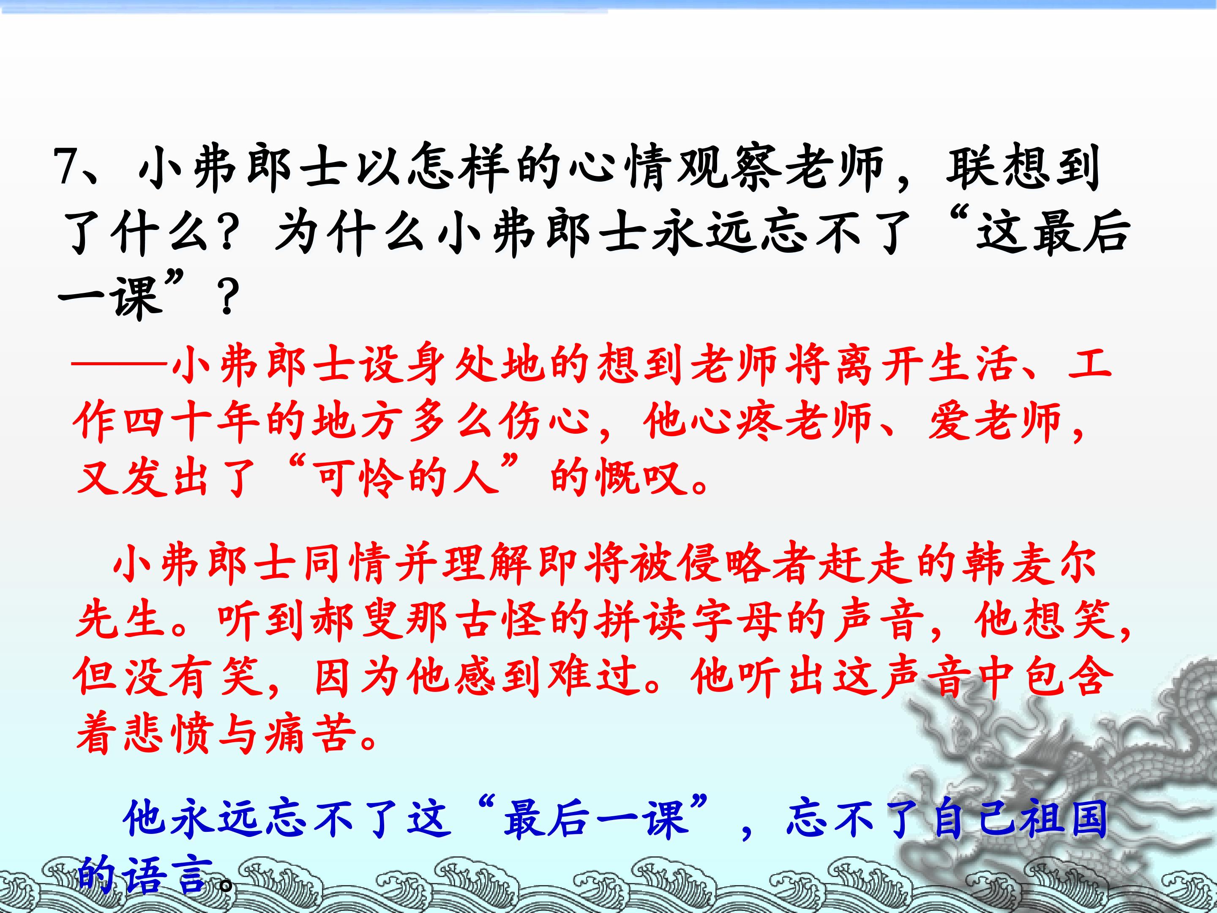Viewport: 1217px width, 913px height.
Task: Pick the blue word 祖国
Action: click(1062, 819)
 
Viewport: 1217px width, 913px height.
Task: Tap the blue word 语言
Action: click(167, 875)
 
